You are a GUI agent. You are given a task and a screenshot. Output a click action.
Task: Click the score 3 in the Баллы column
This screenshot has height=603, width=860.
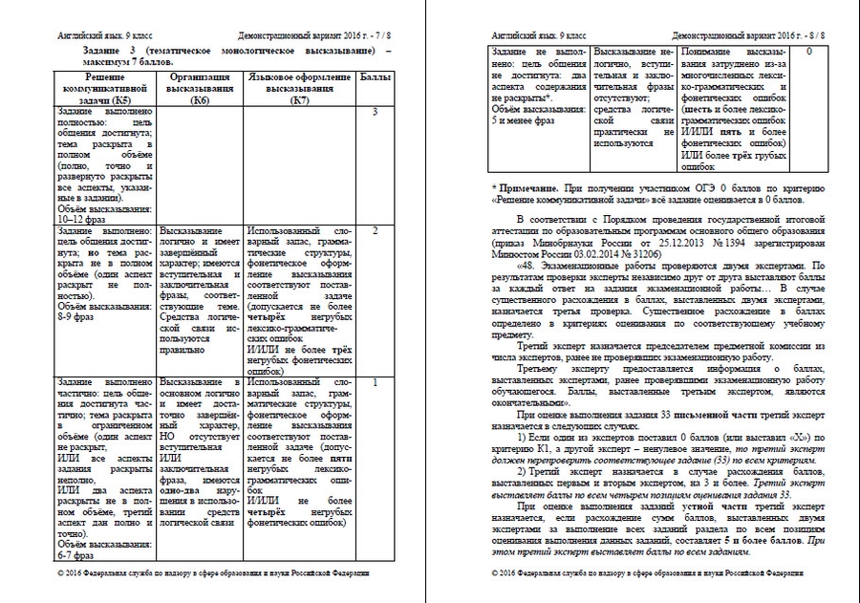tap(376, 113)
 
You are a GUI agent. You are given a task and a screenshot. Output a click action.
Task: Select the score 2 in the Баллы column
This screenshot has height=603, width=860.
tap(376, 231)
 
